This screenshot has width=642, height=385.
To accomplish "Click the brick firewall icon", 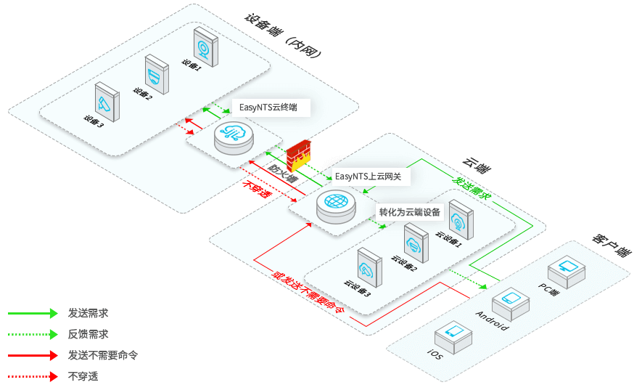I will click(x=297, y=156).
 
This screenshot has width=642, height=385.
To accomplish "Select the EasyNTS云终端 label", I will click(x=268, y=108).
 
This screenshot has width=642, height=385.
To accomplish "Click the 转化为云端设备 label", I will click(x=410, y=213).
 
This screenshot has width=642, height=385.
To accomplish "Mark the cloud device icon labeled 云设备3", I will click(x=369, y=269).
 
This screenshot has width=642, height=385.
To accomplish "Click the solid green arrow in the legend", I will click(x=32, y=313).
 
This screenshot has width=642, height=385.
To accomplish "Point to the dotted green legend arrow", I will click(x=32, y=334).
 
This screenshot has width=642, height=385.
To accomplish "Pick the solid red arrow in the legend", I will click(x=32, y=355).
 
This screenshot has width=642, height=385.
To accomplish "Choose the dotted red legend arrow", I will click(x=32, y=376).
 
